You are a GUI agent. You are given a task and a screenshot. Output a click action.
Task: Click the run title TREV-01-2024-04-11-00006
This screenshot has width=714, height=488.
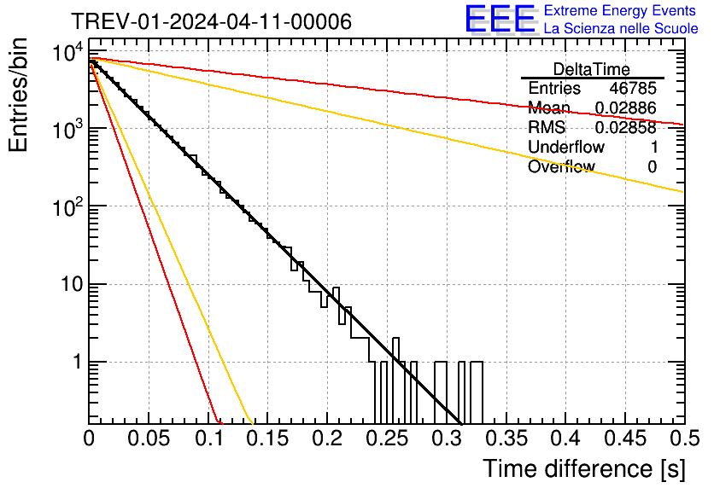click(211, 22)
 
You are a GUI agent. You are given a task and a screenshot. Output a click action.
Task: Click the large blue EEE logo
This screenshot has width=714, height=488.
click(500, 20)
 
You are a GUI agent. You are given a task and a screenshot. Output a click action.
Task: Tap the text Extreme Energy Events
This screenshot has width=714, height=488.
click(621, 11)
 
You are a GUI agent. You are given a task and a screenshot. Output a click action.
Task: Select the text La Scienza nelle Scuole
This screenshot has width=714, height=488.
click(621, 29)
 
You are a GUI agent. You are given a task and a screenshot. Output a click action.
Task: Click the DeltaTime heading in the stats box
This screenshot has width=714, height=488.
click(591, 69)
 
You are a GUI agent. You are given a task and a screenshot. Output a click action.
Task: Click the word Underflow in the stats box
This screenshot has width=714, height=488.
click(565, 148)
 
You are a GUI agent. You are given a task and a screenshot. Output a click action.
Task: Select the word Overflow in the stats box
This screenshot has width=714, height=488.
click(560, 167)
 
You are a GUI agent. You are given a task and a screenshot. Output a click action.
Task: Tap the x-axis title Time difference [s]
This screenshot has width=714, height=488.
click(582, 468)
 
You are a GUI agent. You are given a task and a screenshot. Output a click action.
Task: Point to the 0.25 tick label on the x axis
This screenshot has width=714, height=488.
click(387, 439)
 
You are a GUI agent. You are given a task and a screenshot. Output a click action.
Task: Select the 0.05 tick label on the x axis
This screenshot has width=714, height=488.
click(149, 439)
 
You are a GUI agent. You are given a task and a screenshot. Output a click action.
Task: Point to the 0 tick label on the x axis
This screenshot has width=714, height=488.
click(89, 439)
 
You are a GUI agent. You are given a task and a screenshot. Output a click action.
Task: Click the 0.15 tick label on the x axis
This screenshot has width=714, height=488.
click(267, 439)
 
